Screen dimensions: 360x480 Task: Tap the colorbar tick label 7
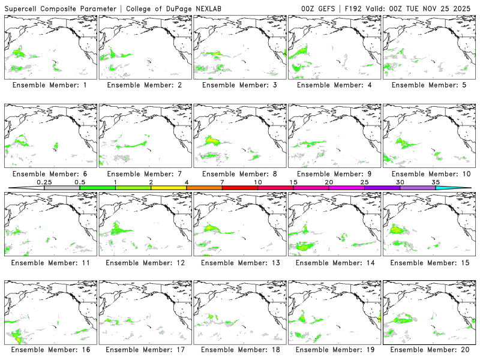[222, 182]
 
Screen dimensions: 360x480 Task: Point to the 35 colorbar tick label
[436, 182]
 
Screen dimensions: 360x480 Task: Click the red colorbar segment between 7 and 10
[239, 188]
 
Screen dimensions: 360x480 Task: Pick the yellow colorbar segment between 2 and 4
[169, 188]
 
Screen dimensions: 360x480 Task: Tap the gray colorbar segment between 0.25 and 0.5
[62, 188]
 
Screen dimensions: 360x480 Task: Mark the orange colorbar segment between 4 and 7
[204, 188]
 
